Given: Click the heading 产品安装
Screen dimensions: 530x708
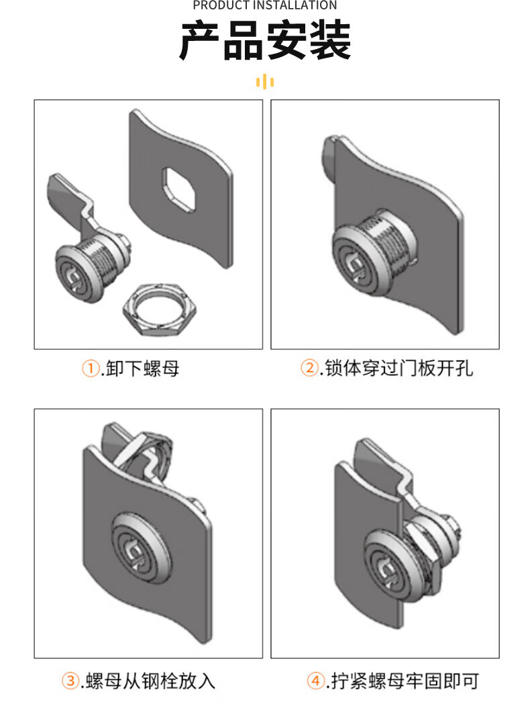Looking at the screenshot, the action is click(265, 41).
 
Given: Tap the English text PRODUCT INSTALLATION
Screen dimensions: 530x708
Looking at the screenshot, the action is click(265, 5).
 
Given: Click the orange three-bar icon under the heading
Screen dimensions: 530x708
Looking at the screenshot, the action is click(265, 82).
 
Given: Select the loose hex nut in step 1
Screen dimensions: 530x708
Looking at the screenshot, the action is click(160, 310).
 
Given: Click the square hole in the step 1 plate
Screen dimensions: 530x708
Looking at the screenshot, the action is click(179, 189).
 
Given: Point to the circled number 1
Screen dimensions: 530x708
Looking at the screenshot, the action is click(91, 368).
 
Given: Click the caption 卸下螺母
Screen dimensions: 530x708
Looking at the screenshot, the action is click(143, 368).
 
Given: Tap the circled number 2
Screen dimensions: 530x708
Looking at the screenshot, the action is click(310, 367).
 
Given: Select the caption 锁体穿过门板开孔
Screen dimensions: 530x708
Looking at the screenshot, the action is click(399, 368).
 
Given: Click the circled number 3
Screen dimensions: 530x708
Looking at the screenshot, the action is click(70, 680).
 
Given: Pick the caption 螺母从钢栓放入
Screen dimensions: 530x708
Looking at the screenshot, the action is click(150, 681).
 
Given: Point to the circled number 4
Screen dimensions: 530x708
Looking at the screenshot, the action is click(315, 680).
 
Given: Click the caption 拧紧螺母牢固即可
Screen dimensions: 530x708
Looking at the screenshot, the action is click(405, 681).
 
